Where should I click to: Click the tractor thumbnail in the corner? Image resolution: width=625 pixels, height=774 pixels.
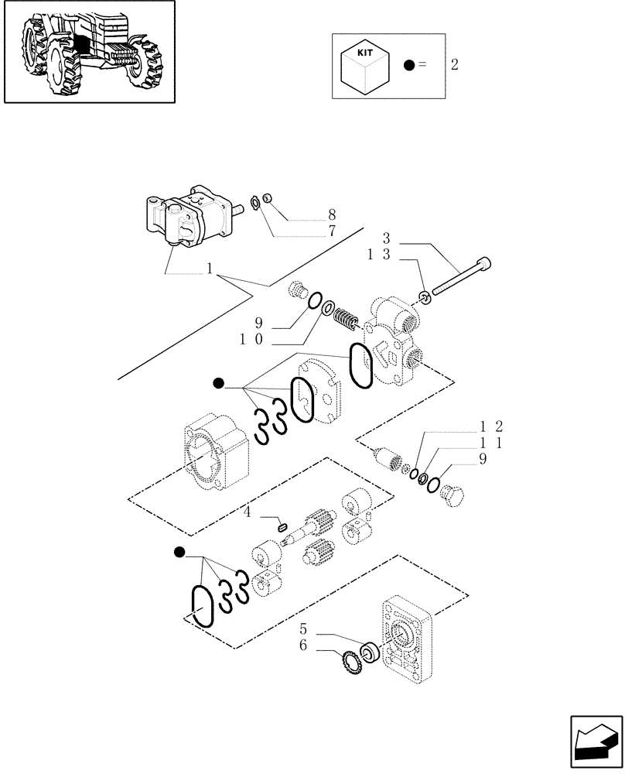coord(88,51)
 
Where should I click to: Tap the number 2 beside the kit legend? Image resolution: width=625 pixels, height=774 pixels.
coord(454,65)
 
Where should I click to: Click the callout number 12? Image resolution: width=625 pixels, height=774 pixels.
coord(492,426)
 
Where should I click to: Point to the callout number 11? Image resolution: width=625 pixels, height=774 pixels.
coord(492,443)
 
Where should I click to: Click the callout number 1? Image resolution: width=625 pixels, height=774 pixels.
coord(209,269)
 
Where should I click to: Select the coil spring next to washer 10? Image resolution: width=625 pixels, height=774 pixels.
coord(346,317)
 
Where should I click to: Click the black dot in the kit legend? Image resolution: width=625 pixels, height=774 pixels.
coord(408,65)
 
